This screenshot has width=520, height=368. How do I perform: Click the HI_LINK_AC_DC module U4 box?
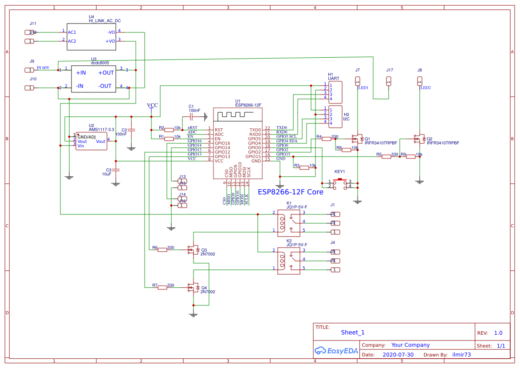pyautogui.click(x=91, y=37)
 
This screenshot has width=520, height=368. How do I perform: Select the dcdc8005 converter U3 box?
pyautogui.click(x=94, y=79)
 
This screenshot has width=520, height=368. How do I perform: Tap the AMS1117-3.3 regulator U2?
pyautogui.click(x=91, y=141)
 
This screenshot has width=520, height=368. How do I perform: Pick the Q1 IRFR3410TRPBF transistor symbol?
pyautogui.click(x=358, y=139)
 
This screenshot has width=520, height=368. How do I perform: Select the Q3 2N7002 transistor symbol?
pyautogui.click(x=194, y=250)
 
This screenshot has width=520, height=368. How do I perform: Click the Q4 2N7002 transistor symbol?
pyautogui.click(x=194, y=287)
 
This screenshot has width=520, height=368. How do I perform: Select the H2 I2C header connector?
pyautogui.click(x=335, y=116)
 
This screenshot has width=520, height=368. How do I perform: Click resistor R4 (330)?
pyautogui.click(x=327, y=139)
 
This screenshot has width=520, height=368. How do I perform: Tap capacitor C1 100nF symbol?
pyautogui.click(x=191, y=117)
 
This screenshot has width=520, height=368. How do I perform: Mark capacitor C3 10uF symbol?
pyautogui.click(x=116, y=170)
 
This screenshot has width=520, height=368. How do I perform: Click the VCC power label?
pyautogui.click(x=152, y=105)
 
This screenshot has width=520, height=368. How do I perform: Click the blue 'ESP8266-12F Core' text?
pyautogui.click(x=290, y=192)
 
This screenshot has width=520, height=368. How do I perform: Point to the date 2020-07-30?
pyautogui.click(x=398, y=355)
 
